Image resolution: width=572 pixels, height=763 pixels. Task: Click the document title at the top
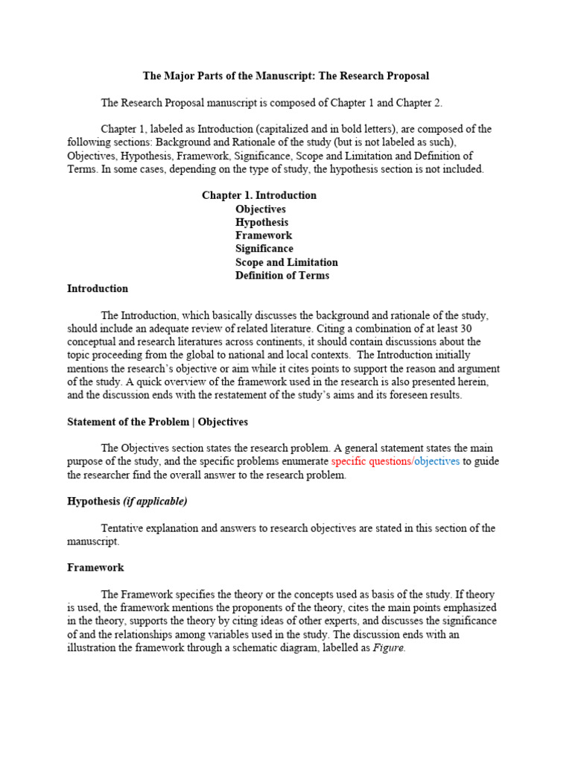click(x=286, y=76)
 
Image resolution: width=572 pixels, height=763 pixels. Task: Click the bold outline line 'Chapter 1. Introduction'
click(x=259, y=195)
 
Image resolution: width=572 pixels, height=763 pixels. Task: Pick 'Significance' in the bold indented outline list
click(x=264, y=249)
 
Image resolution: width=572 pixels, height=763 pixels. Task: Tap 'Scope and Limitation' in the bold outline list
click(x=287, y=262)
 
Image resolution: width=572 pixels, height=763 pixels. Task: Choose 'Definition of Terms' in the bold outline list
click(x=282, y=276)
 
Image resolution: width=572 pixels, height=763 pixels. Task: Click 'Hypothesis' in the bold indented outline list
click(x=262, y=222)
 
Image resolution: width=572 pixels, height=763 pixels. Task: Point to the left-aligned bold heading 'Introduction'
click(x=98, y=288)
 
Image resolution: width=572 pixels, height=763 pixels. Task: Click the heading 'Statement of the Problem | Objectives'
click(x=157, y=422)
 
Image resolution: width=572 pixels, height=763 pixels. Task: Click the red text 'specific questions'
click(x=371, y=462)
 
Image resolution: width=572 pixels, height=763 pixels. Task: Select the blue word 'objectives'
click(x=436, y=462)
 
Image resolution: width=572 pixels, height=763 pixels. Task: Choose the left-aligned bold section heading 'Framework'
click(x=95, y=568)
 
